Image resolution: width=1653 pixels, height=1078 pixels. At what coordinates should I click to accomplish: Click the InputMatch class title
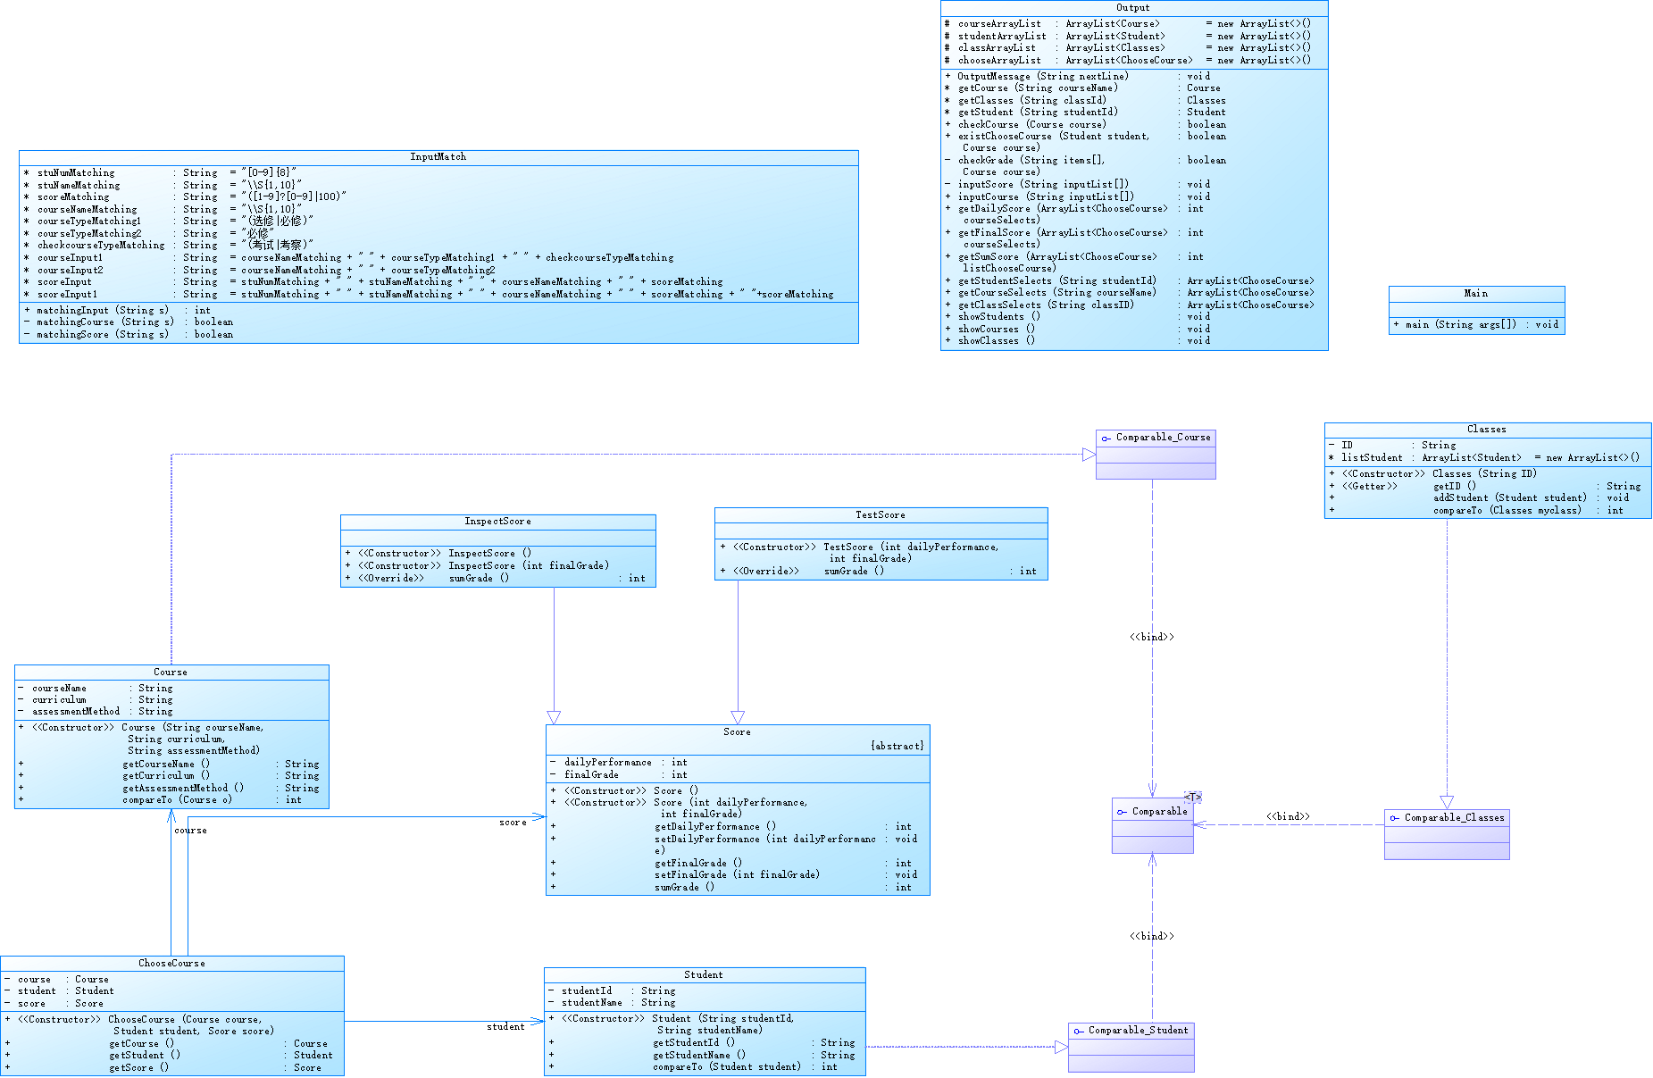pos(438,157)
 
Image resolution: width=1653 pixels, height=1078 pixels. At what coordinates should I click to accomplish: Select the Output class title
pos(1133,8)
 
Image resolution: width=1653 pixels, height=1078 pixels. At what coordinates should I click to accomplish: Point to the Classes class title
pos(1487,430)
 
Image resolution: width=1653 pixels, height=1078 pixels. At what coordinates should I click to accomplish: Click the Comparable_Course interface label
pos(1163,438)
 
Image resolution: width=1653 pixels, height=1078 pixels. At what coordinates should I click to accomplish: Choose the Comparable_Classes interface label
pos(1454,818)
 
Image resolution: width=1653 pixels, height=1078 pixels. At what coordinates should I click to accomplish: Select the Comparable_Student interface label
pos(1138,1031)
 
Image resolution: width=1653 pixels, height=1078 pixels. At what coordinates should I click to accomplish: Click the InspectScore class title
pos(497,522)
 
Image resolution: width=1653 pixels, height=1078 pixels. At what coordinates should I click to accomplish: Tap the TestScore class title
pos(881,515)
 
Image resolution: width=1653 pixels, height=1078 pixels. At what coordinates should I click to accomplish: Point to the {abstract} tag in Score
pos(897,746)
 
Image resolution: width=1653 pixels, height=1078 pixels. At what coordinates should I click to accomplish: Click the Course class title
pos(171,673)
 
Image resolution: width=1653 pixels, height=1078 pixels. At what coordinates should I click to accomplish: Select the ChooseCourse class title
pos(171,964)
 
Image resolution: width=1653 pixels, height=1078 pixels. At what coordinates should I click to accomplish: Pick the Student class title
pos(704,975)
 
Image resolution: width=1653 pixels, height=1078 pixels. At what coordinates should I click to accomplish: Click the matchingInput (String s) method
pos(103,311)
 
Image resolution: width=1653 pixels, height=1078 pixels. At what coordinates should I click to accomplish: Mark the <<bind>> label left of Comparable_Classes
pos(1288,816)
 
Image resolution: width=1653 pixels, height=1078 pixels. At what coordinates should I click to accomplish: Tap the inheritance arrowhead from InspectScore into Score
pos(554,717)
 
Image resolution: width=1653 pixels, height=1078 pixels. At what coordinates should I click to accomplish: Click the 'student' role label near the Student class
pos(505,1027)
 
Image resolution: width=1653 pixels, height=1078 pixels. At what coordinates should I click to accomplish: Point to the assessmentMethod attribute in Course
pos(76,712)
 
